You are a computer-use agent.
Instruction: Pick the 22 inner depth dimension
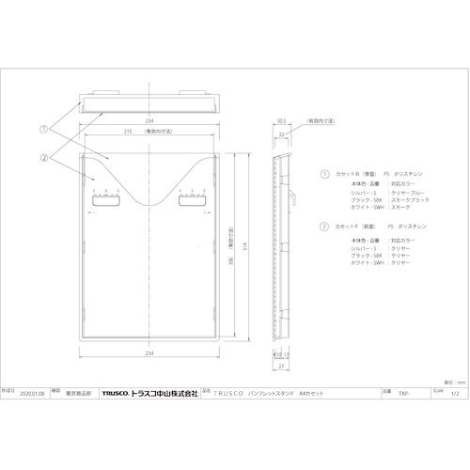pyautogui.click(x=282, y=133)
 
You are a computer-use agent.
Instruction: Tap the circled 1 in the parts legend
pyautogui.click(x=325, y=174)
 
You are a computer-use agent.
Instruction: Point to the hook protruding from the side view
pyautogui.click(x=292, y=198)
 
